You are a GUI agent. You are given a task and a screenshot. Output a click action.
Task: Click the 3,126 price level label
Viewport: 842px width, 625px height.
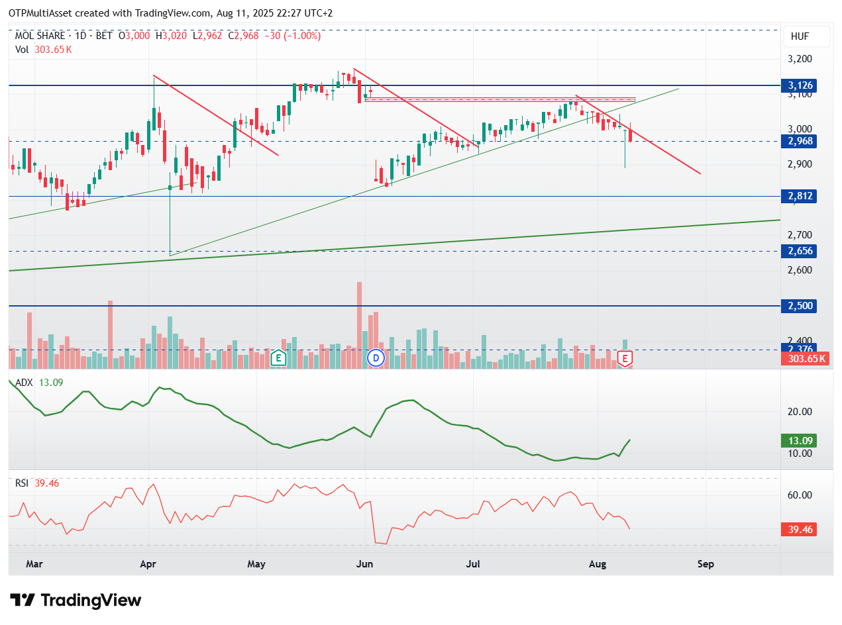798,85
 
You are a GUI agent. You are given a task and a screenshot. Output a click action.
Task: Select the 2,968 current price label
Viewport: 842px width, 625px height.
798,141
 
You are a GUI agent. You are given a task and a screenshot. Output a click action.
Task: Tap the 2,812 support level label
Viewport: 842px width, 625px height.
798,196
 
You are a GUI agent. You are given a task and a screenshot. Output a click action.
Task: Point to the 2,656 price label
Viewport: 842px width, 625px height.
798,251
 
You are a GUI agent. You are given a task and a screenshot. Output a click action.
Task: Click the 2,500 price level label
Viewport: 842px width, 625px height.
798,305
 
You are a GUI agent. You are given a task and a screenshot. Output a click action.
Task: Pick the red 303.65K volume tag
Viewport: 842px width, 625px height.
805,359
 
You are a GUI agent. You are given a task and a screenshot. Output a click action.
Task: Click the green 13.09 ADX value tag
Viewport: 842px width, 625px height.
798,440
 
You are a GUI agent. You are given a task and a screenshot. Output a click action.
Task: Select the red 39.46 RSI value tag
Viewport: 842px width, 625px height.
798,530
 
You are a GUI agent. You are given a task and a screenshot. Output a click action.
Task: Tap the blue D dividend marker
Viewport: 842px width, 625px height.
376,358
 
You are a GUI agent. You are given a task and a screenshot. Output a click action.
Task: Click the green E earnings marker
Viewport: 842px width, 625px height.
278,358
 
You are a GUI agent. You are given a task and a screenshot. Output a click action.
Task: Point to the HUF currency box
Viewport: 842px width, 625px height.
806,36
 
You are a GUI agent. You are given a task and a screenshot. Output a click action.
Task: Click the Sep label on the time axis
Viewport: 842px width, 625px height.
706,564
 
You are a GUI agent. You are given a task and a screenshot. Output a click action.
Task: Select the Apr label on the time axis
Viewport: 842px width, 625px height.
148,564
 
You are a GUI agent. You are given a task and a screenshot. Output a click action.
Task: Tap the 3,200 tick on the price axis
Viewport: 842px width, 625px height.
800,59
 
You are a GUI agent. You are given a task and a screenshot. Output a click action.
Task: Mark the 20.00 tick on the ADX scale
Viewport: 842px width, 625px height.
800,412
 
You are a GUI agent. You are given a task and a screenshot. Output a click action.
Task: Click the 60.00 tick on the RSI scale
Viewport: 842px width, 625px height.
800,495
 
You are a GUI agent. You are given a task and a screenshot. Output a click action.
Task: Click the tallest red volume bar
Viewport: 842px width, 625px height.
359,325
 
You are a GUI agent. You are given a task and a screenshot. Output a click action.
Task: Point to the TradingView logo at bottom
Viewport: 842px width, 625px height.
75,601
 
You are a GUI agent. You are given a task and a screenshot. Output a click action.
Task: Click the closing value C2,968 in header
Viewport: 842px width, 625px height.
243,36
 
